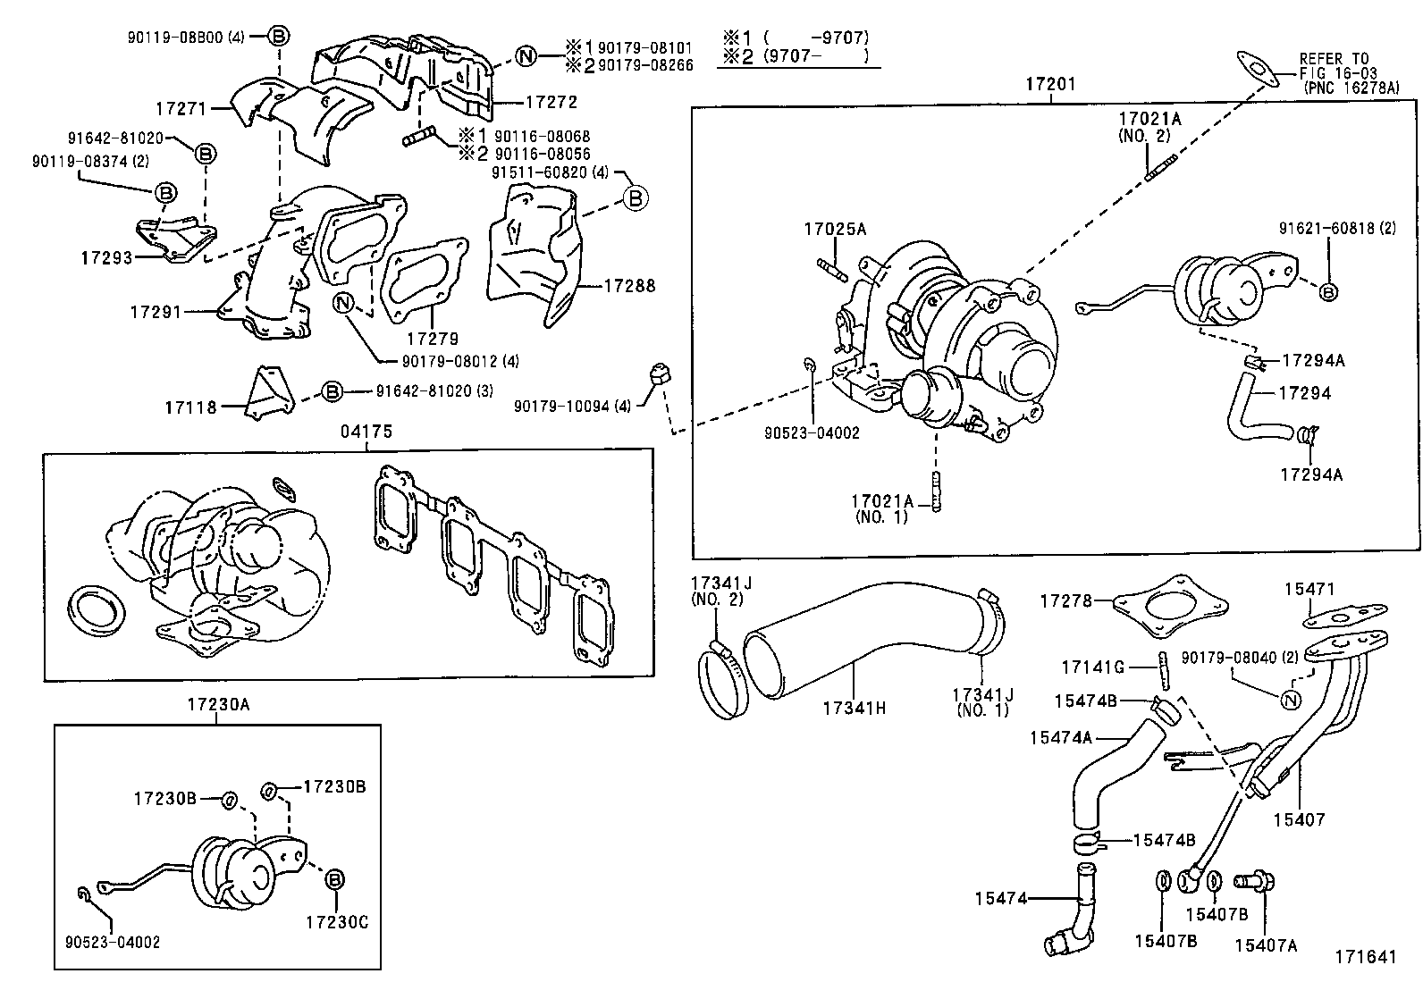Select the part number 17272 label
pyautogui.click(x=551, y=103)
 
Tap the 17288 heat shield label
pyautogui.click(x=629, y=286)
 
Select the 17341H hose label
pyautogui.click(x=854, y=709)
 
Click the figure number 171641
pyautogui.click(x=1365, y=956)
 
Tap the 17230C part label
pyautogui.click(x=337, y=920)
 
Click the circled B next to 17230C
pyautogui.click(x=335, y=879)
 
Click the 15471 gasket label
pyautogui.click(x=1309, y=589)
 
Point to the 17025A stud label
pyautogui.click(x=834, y=229)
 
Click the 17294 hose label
pyautogui.click(x=1304, y=393)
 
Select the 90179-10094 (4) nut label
pyautogui.click(x=572, y=406)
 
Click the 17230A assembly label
pyautogui.click(x=218, y=704)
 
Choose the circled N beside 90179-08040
pyautogui.click(x=1289, y=700)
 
